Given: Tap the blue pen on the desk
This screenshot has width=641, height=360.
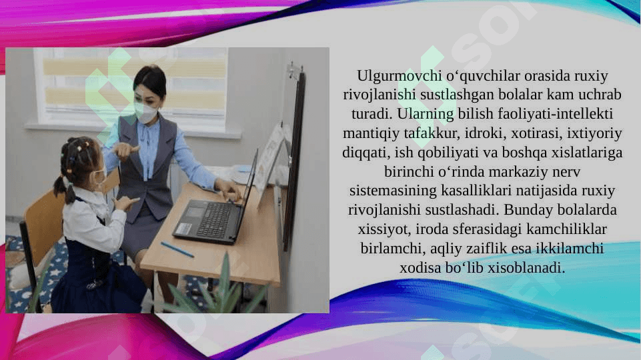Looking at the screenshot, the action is pos(177,249).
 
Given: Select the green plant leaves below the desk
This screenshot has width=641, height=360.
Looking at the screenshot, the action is pos(217,292).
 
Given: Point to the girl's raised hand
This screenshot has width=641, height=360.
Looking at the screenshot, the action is pos(125,203).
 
